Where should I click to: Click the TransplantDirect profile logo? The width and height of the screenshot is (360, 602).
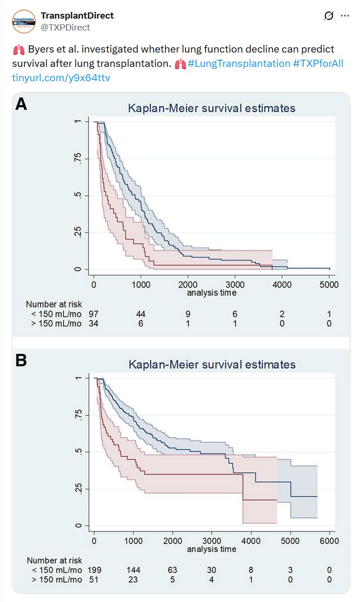point(24,21)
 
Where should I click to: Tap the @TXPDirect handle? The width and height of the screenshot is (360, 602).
point(65,28)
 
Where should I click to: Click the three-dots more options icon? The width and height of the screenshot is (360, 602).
point(345,16)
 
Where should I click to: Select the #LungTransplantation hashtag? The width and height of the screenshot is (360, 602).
point(239,64)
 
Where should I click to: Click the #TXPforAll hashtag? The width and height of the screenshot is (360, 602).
point(318,64)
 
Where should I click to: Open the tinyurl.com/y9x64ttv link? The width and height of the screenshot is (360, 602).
point(61,77)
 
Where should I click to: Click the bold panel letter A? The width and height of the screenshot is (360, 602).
point(21,104)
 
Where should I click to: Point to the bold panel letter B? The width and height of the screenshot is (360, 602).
point(21,360)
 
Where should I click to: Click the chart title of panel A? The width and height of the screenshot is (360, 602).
point(211,108)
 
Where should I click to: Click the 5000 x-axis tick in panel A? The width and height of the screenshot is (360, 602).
point(329,285)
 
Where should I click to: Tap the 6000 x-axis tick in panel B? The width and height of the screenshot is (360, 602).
point(329,541)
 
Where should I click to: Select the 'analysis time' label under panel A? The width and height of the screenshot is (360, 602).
point(211,292)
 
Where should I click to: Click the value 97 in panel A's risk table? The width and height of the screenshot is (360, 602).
point(94,314)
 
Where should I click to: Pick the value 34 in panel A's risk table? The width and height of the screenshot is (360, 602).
point(94,323)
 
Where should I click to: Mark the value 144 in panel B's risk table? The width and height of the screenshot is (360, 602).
point(133,570)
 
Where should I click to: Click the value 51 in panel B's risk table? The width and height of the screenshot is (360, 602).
point(94,579)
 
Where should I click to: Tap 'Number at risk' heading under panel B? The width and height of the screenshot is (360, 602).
point(54,560)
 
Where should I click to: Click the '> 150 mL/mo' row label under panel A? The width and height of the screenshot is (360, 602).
point(55,323)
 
